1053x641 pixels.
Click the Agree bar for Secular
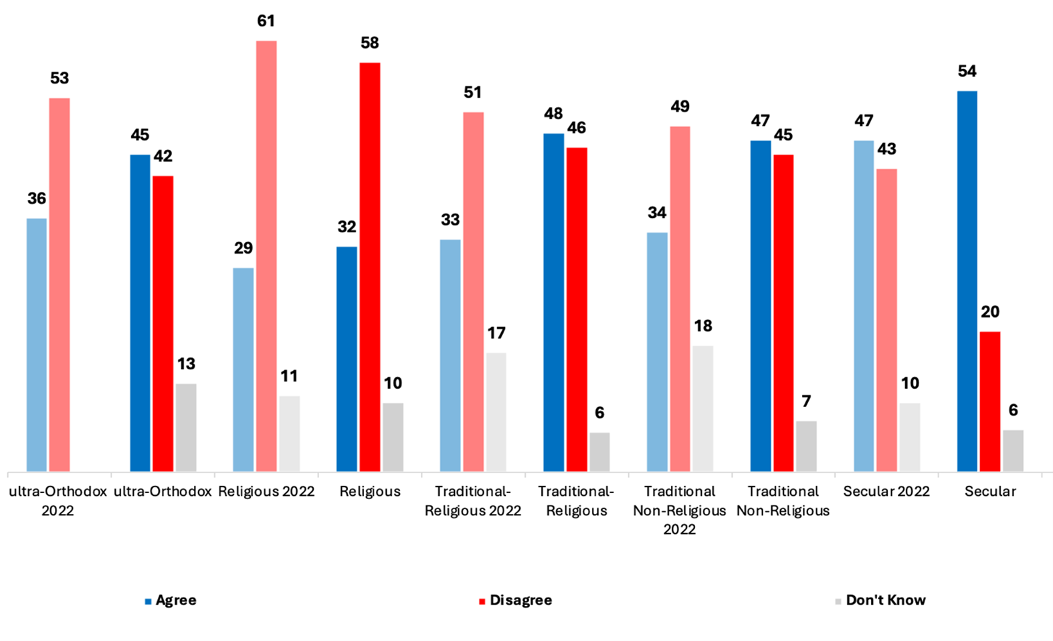(967, 281)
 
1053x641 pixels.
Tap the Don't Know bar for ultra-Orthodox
(186, 428)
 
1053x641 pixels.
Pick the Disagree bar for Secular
(990, 401)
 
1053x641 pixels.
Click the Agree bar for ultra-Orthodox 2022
(37, 345)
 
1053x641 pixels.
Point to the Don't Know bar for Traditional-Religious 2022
(496, 412)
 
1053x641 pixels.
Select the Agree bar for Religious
(347, 359)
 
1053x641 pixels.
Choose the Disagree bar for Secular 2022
(886, 320)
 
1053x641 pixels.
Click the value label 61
(266, 21)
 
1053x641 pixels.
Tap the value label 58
(369, 43)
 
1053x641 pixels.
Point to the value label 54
(967, 72)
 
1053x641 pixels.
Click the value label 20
(990, 312)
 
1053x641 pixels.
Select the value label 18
(703, 327)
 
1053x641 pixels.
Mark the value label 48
(553, 114)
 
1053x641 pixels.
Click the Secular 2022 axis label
(886, 492)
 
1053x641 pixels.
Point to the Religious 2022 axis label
(266, 492)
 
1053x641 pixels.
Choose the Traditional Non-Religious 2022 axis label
(680, 510)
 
